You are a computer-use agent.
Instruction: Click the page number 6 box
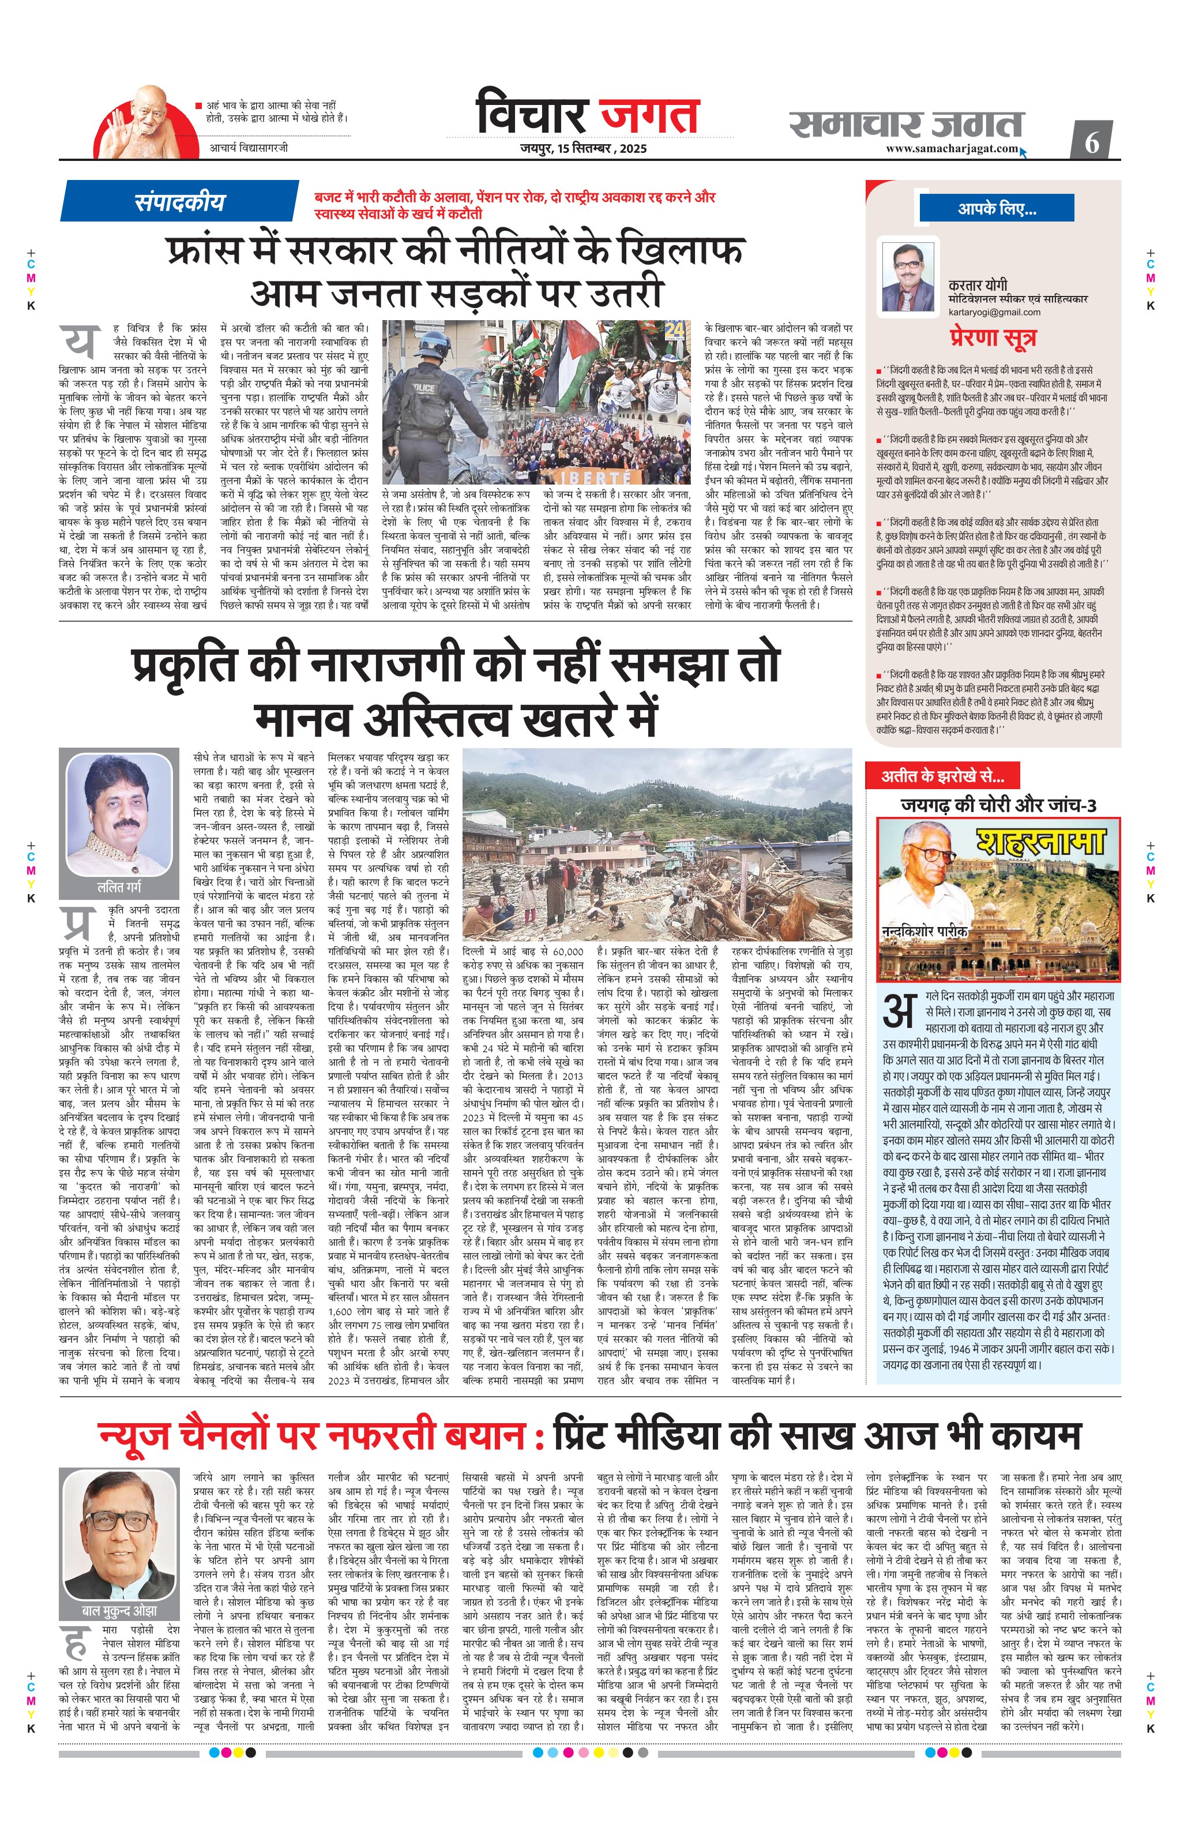[1092, 142]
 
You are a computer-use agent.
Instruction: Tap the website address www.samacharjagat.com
[952, 149]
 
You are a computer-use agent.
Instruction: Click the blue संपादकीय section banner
[179, 202]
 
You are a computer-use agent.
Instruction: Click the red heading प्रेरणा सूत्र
[993, 337]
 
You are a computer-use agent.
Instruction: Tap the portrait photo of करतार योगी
[908, 277]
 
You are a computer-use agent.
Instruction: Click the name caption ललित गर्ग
[119, 888]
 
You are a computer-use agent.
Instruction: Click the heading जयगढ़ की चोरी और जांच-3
[998, 805]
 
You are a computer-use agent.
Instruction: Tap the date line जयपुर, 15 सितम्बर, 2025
[583, 149]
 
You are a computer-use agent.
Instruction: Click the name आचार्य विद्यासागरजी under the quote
[249, 147]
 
